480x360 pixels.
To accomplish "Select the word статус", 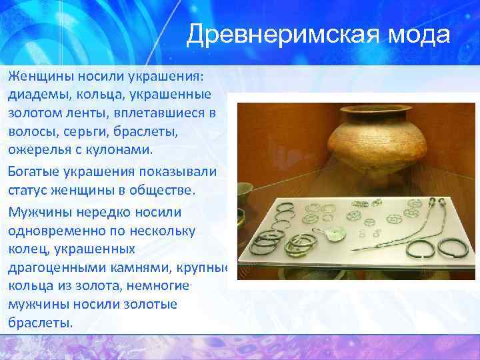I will pos(28,191).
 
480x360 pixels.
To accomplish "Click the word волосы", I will pos(29,131).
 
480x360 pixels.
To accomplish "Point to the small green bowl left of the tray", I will pos(245,194).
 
